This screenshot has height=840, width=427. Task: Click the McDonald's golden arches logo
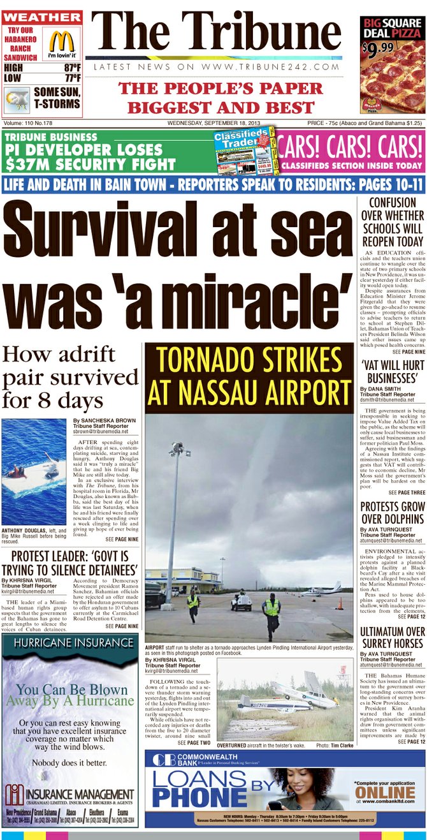(62, 42)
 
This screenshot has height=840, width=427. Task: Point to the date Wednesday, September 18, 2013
(220, 122)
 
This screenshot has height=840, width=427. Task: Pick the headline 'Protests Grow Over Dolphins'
(392, 514)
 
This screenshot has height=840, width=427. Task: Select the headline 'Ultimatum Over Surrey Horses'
(392, 637)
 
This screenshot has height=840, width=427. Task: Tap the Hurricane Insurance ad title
(69, 643)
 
